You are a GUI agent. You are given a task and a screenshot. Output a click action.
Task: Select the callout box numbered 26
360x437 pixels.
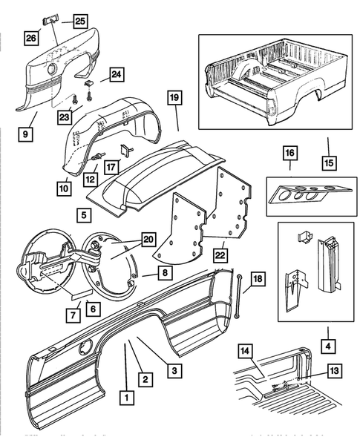click(32, 36)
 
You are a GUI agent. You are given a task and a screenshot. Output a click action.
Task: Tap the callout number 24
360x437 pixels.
click(116, 73)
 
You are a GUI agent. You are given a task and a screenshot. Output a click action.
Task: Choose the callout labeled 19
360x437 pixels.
click(173, 98)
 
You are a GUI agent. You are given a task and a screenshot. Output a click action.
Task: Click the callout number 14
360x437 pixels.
click(246, 351)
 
